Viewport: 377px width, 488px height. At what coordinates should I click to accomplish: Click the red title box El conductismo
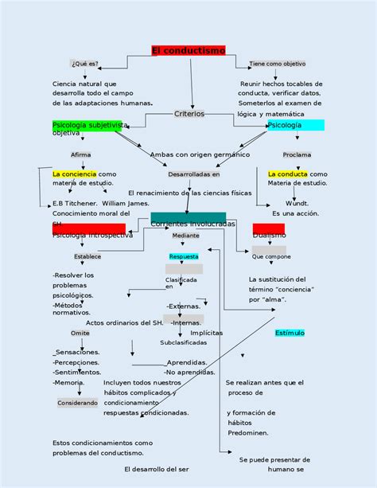pos(188,51)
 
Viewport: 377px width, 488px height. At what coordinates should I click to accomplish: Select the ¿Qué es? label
pos(84,64)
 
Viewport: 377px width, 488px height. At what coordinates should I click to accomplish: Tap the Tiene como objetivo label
pos(277,64)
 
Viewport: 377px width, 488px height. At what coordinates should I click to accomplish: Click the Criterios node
pos(189,114)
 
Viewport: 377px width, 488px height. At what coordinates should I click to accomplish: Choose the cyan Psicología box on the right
pos(296,125)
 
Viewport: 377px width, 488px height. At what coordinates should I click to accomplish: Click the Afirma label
pos(81,154)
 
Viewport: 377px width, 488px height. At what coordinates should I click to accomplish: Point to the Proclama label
pos(297,154)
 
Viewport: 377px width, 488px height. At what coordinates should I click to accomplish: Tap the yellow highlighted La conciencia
pos(74,174)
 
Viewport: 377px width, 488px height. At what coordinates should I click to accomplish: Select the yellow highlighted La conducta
pos(288,174)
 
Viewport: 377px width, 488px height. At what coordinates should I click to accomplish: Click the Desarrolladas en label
pos(193,174)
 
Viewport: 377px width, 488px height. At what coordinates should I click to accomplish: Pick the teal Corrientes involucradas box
pos(188,219)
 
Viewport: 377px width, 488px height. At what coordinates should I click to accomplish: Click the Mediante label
pos(186,236)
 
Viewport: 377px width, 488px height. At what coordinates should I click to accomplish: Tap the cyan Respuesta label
pos(184,256)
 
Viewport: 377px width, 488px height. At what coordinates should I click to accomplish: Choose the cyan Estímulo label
pos(290,332)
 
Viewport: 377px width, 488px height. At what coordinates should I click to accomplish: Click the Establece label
pos(87,256)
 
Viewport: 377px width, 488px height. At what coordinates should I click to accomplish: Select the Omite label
pos(80,333)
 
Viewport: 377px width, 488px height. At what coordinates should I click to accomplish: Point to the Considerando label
pos(78,403)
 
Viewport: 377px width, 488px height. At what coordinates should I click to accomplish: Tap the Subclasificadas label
pos(183,342)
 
